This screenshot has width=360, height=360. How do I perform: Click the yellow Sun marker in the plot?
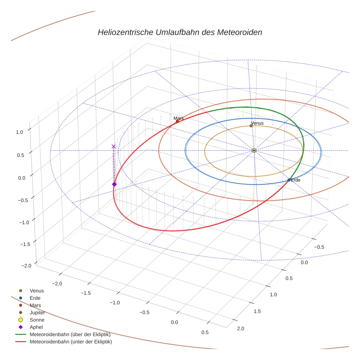click(x=254, y=150)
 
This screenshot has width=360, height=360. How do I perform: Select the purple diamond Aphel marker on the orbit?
click(x=114, y=184)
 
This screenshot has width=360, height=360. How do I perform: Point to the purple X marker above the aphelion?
click(x=113, y=146)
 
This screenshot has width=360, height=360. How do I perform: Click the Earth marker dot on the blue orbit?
click(x=289, y=180)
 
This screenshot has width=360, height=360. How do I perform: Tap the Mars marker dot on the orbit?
click(x=177, y=121)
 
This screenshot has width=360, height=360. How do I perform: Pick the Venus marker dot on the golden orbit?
click(x=251, y=126)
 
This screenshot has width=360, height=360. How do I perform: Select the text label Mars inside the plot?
click(x=179, y=118)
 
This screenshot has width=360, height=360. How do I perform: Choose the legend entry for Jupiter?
click(x=37, y=312)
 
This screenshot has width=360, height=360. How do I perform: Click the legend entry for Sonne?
click(x=37, y=320)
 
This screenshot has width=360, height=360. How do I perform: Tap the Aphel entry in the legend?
click(x=36, y=327)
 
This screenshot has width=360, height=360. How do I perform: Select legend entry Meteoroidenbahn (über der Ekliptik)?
click(x=70, y=334)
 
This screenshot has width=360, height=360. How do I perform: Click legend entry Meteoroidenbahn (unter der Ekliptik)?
click(x=71, y=342)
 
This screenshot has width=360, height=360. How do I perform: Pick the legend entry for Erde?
click(x=35, y=298)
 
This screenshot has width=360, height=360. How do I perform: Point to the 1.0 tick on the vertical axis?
click(x=19, y=132)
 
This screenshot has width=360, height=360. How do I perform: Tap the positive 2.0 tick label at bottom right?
click(x=241, y=329)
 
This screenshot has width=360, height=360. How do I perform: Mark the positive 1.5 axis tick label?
click(x=257, y=311)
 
